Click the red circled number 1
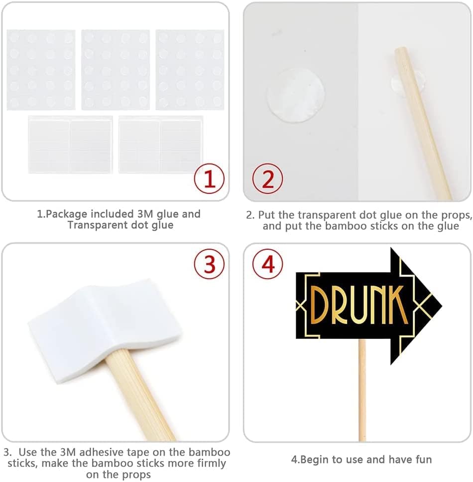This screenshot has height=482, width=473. [209, 178]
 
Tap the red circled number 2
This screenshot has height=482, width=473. [267, 178]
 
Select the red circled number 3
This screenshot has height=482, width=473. [209, 264]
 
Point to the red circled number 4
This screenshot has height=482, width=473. [267, 264]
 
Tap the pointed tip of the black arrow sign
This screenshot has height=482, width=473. [442, 306]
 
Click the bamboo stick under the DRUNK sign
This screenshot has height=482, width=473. [362, 390]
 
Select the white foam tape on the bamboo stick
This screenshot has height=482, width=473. [105, 332]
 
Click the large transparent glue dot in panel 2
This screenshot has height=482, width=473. [295, 95]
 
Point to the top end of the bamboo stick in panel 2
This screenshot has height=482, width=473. [400, 48]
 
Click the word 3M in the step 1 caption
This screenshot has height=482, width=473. [145, 214]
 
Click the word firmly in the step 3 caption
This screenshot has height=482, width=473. [209, 463]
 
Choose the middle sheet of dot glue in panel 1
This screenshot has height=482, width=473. [116, 70]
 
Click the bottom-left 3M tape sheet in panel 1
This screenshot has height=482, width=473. [70, 145]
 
